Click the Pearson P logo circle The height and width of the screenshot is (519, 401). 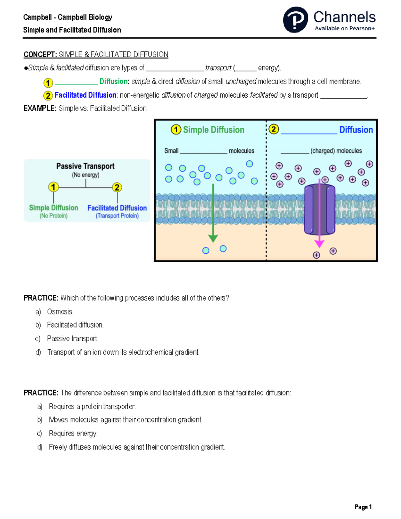tap(295, 20)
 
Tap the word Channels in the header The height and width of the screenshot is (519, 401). tap(344, 17)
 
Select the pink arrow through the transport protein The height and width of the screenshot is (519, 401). tap(319, 214)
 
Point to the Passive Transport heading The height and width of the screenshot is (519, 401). tap(85, 166)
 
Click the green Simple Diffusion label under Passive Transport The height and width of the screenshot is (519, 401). tap(53, 208)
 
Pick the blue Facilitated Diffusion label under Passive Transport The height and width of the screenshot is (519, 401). tap(117, 208)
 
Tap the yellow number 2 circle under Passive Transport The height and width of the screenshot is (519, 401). tap(117, 187)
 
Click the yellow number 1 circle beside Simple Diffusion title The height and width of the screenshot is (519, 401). tap(176, 130)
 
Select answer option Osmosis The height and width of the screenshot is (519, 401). tap(60, 312)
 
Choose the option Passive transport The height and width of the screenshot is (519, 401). tap(73, 339)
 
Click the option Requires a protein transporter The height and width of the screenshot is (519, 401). tap(92, 406)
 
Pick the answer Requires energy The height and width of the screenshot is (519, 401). tap(73, 433)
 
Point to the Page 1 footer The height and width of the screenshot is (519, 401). tap(363, 507)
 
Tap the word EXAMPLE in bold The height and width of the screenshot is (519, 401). tap(40, 108)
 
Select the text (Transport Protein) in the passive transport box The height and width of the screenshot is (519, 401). tap(117, 216)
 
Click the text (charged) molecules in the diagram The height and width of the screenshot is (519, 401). tap(336, 151)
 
